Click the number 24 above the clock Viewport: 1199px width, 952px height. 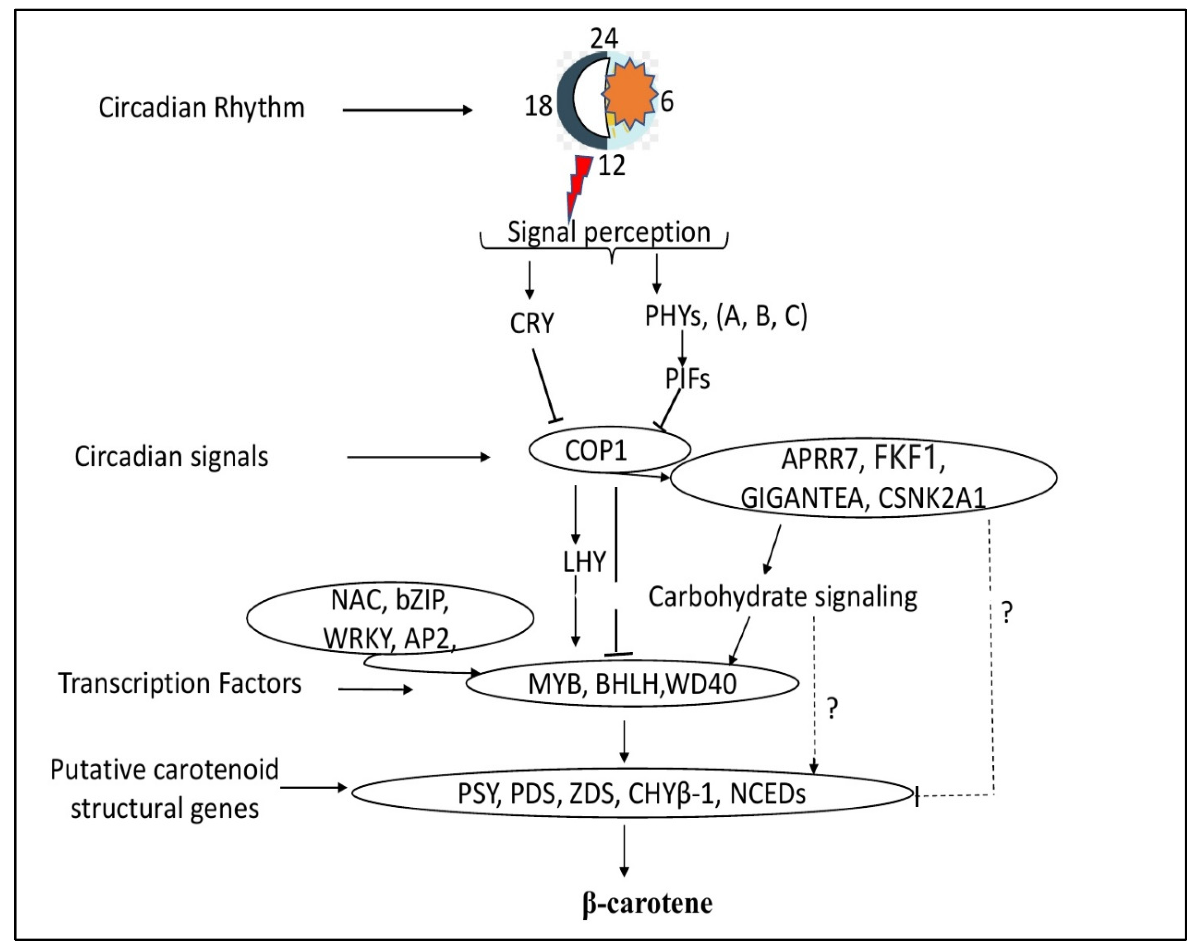tap(604, 38)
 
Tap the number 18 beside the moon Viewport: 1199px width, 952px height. tap(538, 106)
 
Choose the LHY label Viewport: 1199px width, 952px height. tap(584, 562)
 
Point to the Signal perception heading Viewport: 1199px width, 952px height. tap(609, 232)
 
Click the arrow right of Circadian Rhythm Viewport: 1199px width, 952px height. tap(407, 110)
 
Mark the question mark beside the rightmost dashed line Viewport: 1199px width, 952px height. tap(1007, 612)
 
